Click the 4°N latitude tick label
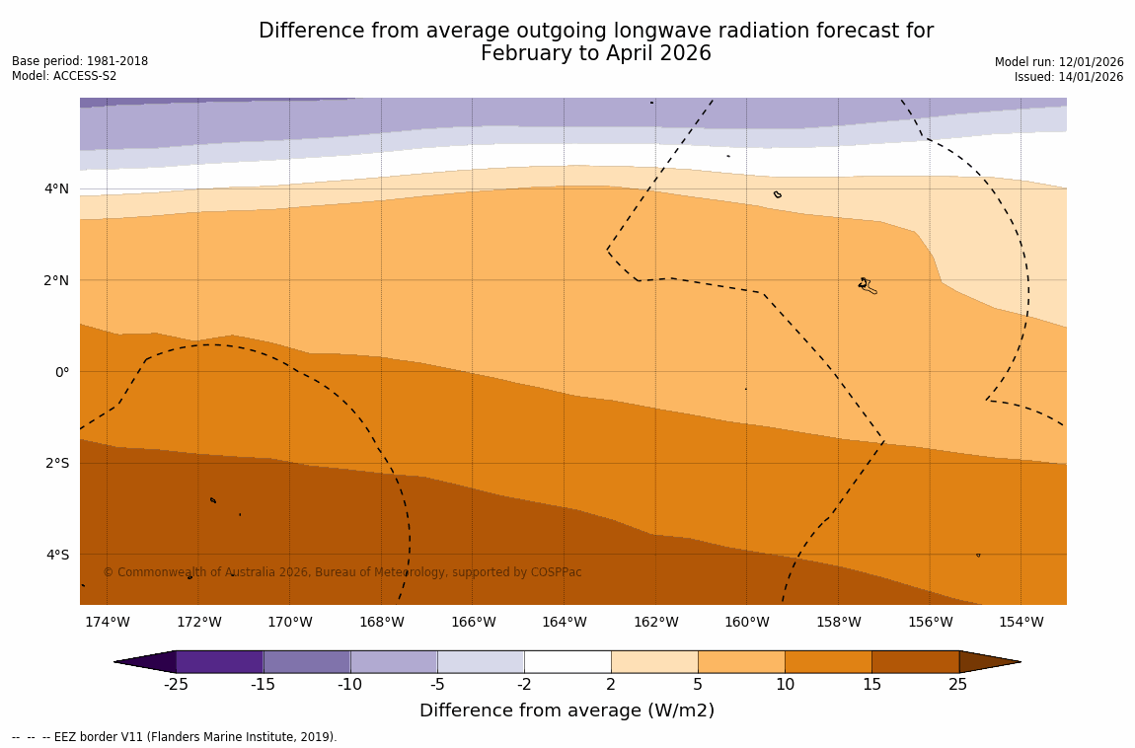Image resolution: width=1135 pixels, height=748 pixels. [x=57, y=188]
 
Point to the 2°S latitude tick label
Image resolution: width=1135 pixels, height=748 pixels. [x=57, y=463]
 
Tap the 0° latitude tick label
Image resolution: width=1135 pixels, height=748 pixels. [x=61, y=372]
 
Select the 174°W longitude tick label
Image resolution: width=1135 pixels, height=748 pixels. [x=107, y=622]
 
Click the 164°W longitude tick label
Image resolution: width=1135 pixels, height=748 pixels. [x=564, y=622]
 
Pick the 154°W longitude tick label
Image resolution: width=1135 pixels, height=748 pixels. [x=1021, y=622]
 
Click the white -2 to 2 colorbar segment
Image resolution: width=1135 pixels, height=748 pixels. [x=567, y=661]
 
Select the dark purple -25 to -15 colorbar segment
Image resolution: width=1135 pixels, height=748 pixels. [x=219, y=661]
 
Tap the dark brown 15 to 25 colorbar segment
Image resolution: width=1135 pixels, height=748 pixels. [x=915, y=661]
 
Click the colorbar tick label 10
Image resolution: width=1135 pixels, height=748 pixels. [x=785, y=685]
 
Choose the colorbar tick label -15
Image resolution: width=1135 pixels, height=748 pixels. [x=263, y=685]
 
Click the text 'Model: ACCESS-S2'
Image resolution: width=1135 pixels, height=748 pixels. [x=64, y=76]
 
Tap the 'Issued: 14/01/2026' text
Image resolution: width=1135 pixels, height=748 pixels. [x=1069, y=77]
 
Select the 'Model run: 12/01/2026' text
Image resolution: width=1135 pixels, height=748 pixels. [x=1059, y=62]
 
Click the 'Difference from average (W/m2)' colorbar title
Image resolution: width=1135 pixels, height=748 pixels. [x=567, y=711]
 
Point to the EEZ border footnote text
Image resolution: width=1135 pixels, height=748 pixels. [x=175, y=737]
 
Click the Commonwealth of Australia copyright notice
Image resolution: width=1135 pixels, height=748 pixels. [x=342, y=572]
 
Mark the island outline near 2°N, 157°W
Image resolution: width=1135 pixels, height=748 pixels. [x=867, y=285]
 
